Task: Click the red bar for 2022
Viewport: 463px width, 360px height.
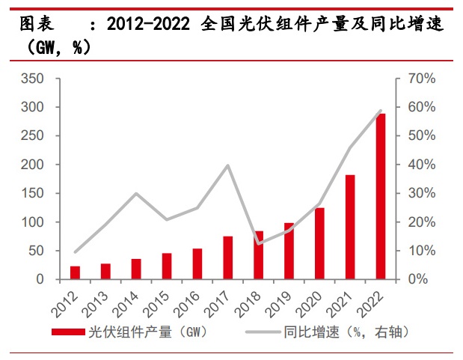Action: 381,197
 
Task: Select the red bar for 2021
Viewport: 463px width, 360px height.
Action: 350,227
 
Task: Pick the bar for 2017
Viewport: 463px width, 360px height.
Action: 227,257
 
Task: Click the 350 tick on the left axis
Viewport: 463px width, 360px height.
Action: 34,79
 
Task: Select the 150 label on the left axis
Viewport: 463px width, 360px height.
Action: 34,193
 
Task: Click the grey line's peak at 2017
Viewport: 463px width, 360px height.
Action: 227,165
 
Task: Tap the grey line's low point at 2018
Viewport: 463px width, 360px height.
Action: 258,244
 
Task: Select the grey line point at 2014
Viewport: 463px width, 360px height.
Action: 136,194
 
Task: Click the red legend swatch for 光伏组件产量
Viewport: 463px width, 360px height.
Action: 68,330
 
